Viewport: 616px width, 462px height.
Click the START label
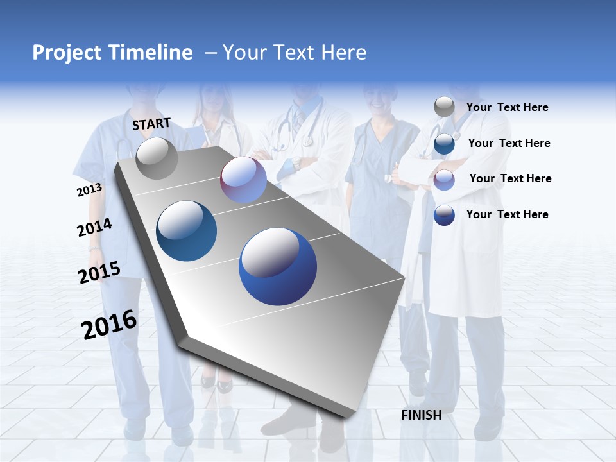pos(151,124)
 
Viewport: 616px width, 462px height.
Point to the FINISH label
pos(422,415)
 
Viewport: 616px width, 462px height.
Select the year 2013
pos(89,190)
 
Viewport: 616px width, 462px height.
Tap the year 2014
pos(94,227)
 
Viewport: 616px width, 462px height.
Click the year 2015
pos(99,273)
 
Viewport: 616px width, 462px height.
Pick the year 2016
pos(109,325)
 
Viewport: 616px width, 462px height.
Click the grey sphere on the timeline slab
pos(157,158)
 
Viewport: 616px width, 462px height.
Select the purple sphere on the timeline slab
pos(243,180)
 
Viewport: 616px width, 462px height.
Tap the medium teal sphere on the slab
pos(187,231)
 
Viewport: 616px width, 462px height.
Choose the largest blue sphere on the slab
pos(278,266)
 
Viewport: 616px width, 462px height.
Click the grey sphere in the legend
pos(444,107)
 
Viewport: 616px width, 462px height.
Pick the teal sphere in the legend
pos(444,144)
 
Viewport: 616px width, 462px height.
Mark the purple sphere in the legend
pos(444,180)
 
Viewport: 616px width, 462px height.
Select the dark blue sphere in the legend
pos(444,215)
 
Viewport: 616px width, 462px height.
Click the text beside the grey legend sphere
pos(507,107)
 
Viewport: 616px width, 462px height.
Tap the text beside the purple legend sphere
pos(510,178)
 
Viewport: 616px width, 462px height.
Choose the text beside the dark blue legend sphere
pos(507,214)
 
